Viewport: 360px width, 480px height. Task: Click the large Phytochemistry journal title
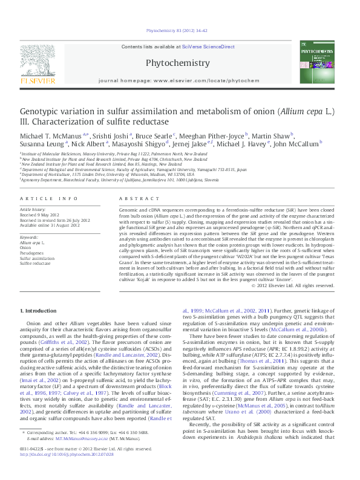[x=178, y=63]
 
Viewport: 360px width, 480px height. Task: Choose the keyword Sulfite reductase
[x=35, y=264]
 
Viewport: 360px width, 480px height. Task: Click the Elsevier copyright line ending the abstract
[x=292, y=285]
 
